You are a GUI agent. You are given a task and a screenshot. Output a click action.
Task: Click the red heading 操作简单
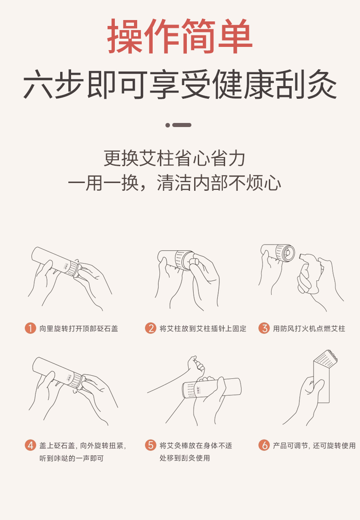[180, 36]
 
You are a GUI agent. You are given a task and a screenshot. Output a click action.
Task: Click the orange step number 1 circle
[30, 328]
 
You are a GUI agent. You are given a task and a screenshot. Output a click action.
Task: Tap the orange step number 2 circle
[150, 328]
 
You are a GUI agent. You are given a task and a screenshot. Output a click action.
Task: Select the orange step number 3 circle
[264, 328]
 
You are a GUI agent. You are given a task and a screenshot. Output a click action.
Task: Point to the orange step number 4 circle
[30, 445]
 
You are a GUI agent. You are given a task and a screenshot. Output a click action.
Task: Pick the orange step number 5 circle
[150, 445]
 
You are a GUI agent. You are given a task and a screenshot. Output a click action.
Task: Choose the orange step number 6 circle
[264, 445]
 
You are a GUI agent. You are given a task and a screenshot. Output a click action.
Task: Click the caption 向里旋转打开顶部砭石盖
[79, 329]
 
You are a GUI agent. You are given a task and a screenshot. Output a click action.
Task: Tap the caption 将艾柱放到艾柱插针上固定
[203, 329]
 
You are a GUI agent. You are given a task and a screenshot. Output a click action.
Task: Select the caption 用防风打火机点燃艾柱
[309, 329]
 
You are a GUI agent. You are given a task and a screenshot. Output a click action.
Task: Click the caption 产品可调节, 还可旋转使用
[314, 445]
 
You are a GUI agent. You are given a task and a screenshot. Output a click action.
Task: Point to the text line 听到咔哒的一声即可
[72, 459]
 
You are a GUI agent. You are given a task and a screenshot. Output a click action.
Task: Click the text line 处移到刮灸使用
[185, 458]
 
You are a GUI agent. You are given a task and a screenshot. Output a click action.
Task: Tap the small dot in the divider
[168, 125]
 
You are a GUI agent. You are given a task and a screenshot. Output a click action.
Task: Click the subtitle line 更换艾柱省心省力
[175, 158]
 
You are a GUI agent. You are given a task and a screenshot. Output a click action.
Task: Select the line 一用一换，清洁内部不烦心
[175, 183]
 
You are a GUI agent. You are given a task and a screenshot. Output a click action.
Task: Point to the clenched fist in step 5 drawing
[196, 365]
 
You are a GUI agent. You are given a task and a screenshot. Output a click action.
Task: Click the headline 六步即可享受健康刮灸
[180, 84]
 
